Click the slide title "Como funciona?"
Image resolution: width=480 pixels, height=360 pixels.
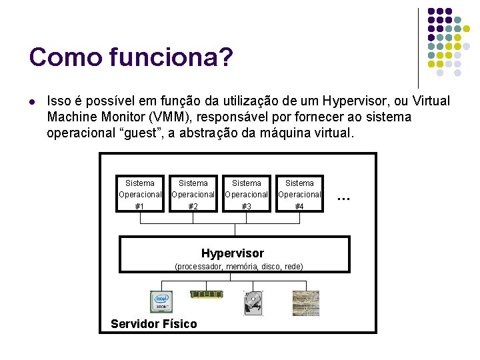coord(131,57)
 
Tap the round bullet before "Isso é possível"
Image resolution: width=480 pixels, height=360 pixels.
coord(32,102)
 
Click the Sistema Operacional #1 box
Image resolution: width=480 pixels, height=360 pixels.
coord(139,194)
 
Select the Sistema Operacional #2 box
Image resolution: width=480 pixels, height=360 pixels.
coord(193,194)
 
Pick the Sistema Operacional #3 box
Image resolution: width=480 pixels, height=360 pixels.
coord(246,194)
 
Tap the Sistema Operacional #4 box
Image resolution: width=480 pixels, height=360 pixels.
coord(299,194)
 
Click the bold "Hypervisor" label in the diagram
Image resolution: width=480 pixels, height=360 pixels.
coord(232,253)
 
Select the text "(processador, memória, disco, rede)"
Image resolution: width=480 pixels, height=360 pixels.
coord(238,267)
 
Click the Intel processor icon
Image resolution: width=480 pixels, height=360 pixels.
coord(161,303)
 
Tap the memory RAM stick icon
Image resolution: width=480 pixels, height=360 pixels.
coord(206,294)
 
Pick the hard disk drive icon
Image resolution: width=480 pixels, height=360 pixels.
coord(253,303)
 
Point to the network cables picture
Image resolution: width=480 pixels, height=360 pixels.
coord(305,303)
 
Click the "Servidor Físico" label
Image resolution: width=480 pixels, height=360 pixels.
coord(154,324)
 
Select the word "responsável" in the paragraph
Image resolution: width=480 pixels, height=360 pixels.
coord(255,117)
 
